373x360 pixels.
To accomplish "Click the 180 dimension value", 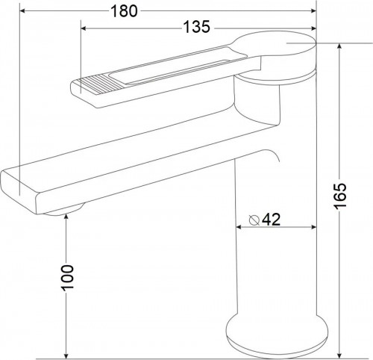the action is (x=124, y=11).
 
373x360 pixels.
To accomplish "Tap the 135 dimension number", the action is (x=197, y=27).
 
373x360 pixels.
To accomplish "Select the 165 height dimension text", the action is (x=339, y=196).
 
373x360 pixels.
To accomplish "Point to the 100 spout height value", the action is (x=68, y=278).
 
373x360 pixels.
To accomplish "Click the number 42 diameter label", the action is (x=272, y=220).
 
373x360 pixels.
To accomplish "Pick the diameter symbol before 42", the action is (x=254, y=220).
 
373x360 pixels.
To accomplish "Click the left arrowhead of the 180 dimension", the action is (x=22, y=10).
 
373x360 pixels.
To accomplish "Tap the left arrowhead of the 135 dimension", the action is (x=84, y=28).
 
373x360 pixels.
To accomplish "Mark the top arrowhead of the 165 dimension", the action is (x=339, y=46).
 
